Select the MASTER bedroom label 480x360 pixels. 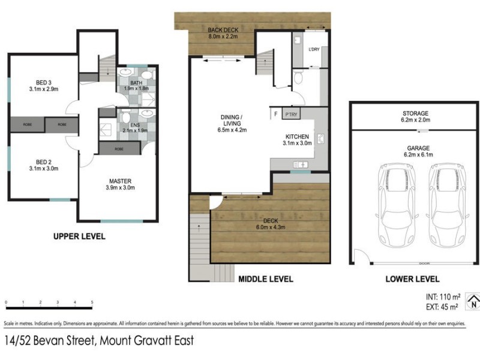pyautogui.click(x=120, y=181)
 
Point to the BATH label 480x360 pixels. pyautogui.click(x=136, y=83)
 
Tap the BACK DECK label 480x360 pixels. pyautogui.click(x=223, y=31)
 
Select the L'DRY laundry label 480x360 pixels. pyautogui.click(x=314, y=50)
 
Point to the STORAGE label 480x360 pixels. pyautogui.click(x=415, y=113)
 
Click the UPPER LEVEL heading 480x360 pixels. pyautogui.click(x=79, y=236)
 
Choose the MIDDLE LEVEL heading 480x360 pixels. pyautogui.click(x=266, y=279)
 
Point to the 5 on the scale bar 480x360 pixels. pyautogui.click(x=92, y=302)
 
